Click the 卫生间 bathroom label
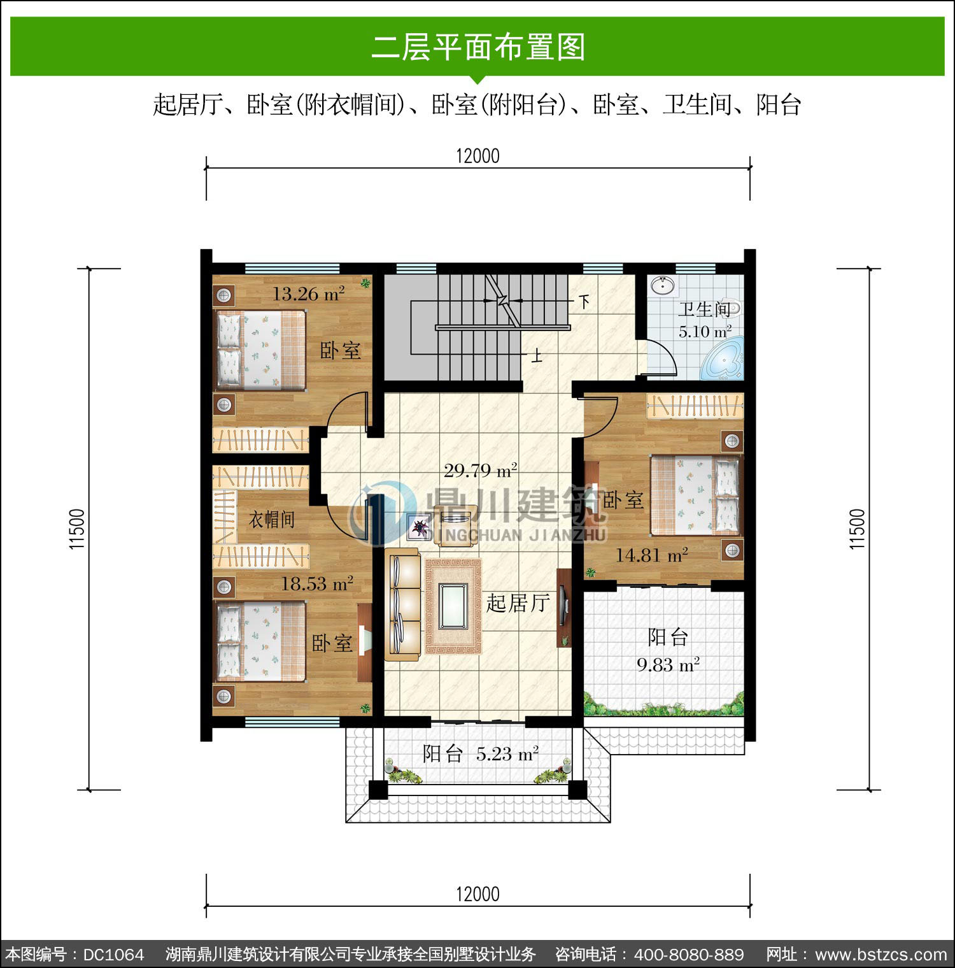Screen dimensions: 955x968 704,310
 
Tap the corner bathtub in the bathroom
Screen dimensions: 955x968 723,360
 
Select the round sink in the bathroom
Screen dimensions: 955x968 664,285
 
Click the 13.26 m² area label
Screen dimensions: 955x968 309,294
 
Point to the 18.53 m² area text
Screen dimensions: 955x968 317,583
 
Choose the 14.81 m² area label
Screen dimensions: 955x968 651,555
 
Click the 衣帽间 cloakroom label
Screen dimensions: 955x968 272,520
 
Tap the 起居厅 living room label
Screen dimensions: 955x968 518,602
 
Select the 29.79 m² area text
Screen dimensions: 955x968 480,471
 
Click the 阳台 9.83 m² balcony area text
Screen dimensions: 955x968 668,650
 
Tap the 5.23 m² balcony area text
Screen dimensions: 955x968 507,754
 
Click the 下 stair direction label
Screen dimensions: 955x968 584,301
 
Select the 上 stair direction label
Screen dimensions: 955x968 538,355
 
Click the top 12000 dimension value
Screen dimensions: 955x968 478,156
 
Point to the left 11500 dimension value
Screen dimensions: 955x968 77,529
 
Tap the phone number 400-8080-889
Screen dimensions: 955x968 689,955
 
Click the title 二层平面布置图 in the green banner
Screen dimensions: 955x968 478,47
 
